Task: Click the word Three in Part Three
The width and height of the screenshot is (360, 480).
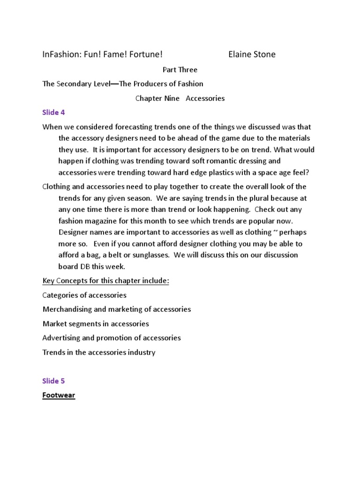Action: tap(188, 70)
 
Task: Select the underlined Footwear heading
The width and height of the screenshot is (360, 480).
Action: tap(59, 395)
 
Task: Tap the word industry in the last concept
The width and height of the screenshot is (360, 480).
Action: tap(141, 352)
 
